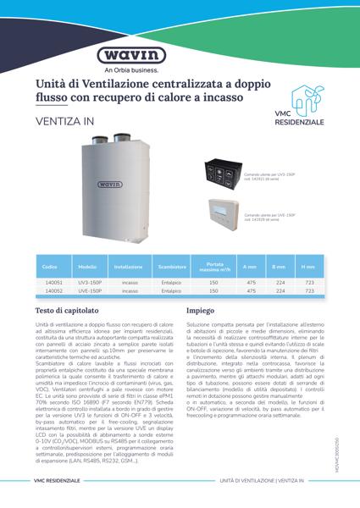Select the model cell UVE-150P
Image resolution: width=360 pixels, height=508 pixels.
(90, 290)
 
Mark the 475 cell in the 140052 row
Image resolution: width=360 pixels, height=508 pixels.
(251, 290)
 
